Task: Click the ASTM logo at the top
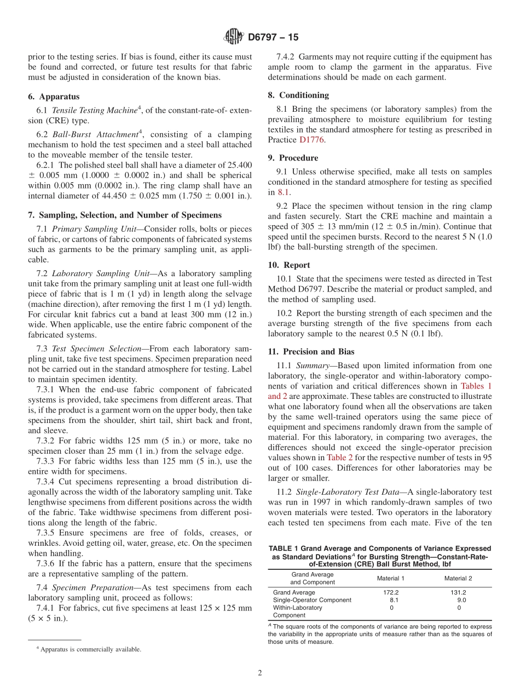coord(233,37)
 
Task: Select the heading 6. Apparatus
coord(54,96)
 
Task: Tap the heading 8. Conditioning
coord(298,95)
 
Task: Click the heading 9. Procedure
coord(293,158)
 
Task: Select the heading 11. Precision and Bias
coord(311,352)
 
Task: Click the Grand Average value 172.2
coord(391,592)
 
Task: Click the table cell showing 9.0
coord(461,600)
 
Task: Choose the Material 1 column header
coord(391,578)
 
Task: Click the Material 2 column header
coord(458,578)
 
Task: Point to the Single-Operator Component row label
coord(312,600)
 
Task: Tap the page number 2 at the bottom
coord(260,673)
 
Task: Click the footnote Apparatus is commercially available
coord(90,649)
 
